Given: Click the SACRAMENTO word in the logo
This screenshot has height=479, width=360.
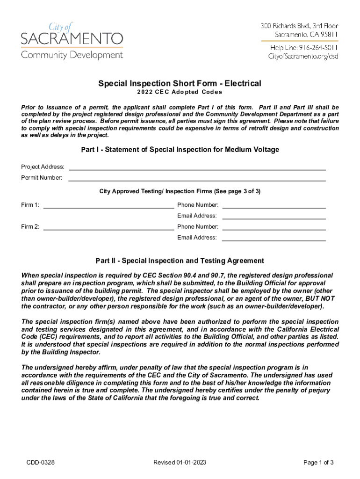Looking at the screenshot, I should (x=72, y=38).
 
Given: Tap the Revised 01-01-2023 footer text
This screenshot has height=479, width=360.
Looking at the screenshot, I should (x=180, y=463).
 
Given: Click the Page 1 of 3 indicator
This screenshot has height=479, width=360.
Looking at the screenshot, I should (x=318, y=463).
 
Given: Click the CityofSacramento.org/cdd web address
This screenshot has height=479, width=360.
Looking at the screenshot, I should (x=303, y=57).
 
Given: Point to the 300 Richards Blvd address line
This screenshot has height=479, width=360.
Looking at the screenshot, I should (x=299, y=26).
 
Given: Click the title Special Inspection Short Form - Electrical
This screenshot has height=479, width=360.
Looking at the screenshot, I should (x=180, y=84).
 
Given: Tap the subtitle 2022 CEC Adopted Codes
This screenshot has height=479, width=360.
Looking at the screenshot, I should (x=180, y=92).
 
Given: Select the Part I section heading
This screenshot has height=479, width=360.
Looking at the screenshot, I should (x=180, y=150).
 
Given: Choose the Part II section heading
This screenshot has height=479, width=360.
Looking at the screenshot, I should (x=180, y=261).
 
